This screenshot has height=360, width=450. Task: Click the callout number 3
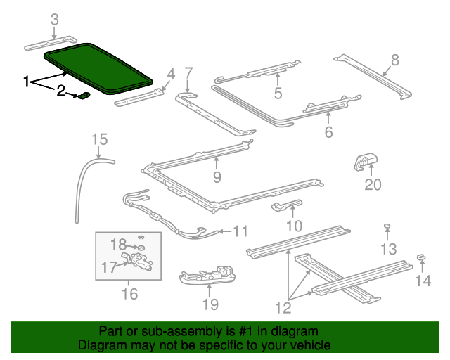pyautogui.click(x=55, y=19)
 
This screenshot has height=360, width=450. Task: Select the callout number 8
pyautogui.click(x=394, y=60)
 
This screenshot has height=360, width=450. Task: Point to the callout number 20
pyautogui.click(x=372, y=185)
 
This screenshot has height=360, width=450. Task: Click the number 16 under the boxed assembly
pyautogui.click(x=130, y=294)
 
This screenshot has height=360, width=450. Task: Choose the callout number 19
pyautogui.click(x=210, y=304)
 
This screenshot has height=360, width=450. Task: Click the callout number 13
pyautogui.click(x=389, y=248)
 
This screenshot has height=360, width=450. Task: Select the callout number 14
pyautogui.click(x=422, y=281)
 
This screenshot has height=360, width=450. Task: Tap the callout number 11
pyautogui.click(x=240, y=231)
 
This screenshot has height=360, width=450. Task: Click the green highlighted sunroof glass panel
pyautogui.click(x=98, y=67)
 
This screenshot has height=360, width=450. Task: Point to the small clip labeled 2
pyautogui.click(x=84, y=95)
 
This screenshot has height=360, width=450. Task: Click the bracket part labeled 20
pyautogui.click(x=366, y=162)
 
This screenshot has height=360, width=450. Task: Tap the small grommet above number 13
pyautogui.click(x=387, y=226)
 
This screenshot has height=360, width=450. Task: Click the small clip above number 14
pyautogui.click(x=421, y=258)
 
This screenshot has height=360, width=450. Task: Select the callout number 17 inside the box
pyautogui.click(x=110, y=267)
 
